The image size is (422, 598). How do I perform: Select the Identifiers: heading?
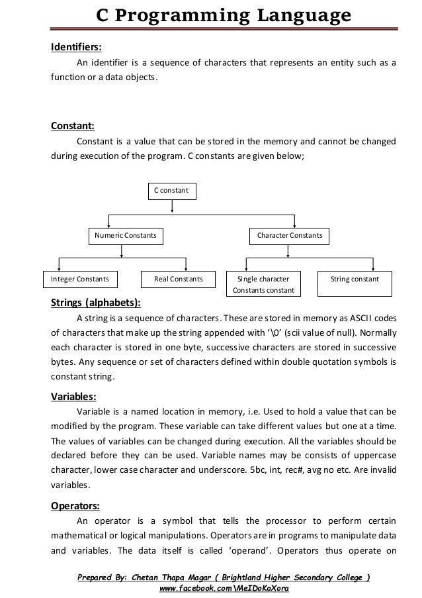coord(77,47)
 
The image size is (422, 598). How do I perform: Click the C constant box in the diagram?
coord(172,190)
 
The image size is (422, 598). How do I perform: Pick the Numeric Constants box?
coord(126,235)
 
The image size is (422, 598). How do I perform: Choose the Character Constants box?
coord(290,235)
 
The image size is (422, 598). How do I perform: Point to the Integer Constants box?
coord(76,279)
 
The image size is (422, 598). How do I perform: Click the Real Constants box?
coord(174,279)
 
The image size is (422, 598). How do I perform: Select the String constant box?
coord(356,279)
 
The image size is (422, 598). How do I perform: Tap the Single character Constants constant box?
coord(263,285)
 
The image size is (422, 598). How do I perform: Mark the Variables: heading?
coord(73,397)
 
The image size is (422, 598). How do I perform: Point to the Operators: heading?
coord(75,506)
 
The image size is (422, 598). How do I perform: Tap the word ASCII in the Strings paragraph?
coord(363,321)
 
